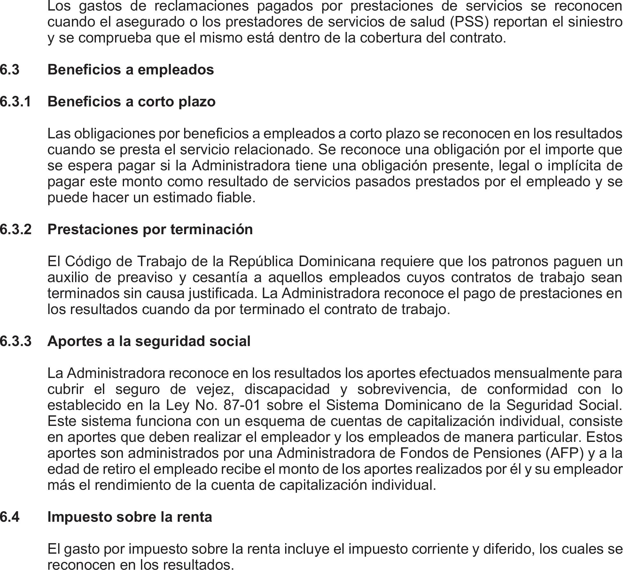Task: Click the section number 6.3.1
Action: [x=16, y=102]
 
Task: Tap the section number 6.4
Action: [x=10, y=517]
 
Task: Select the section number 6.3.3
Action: [x=16, y=341]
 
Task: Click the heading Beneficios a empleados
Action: [x=130, y=70]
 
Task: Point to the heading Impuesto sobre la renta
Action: [x=129, y=517]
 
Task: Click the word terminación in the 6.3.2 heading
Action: [x=212, y=229]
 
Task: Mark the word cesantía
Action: [x=220, y=277]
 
